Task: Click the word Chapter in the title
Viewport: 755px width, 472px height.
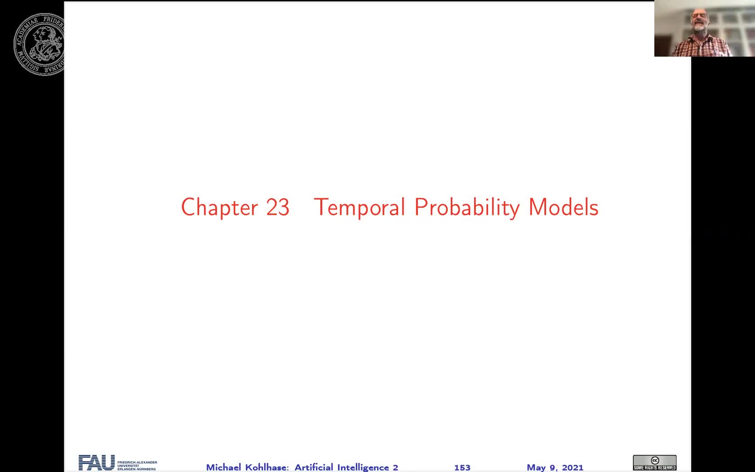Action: click(219, 207)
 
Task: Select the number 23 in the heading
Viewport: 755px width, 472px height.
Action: click(277, 207)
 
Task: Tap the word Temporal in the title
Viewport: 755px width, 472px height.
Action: click(360, 207)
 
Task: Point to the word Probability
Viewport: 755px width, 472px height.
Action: click(467, 208)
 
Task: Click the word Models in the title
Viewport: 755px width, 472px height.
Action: click(564, 207)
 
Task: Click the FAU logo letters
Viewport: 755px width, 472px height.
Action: click(97, 463)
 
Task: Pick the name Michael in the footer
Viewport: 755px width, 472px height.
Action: click(223, 468)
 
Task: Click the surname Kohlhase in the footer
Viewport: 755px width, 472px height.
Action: click(267, 468)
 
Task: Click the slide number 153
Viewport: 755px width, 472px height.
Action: click(462, 468)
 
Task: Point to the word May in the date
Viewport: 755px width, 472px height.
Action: click(536, 468)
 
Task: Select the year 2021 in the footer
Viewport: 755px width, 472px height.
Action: click(573, 468)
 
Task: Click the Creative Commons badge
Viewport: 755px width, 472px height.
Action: click(654, 463)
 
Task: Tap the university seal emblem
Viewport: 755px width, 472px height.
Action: click(40, 44)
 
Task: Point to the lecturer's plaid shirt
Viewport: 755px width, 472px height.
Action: click(701, 47)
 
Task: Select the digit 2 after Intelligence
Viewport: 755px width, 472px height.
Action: click(395, 468)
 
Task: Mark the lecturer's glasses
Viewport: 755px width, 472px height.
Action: click(698, 16)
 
